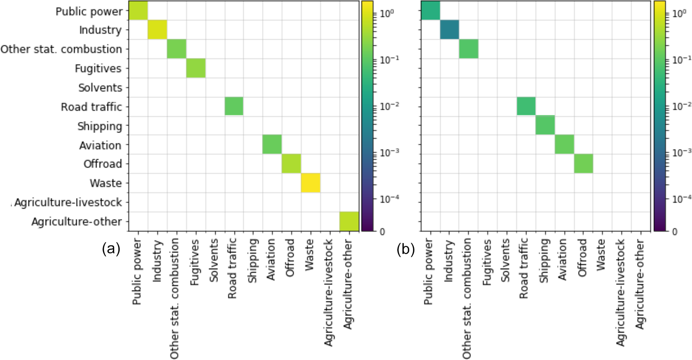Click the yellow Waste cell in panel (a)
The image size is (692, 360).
pyautogui.click(x=310, y=183)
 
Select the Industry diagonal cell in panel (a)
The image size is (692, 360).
pyautogui.click(x=157, y=29)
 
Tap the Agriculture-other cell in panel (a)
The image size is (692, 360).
pyautogui.click(x=349, y=221)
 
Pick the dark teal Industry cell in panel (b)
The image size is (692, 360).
pyautogui.click(x=449, y=29)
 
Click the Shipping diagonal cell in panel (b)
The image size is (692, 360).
pyautogui.click(x=545, y=125)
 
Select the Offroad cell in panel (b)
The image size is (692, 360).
pyautogui.click(x=583, y=164)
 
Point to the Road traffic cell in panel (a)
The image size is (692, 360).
pyautogui.click(x=234, y=106)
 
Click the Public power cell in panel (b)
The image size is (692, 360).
pyautogui.click(x=430, y=10)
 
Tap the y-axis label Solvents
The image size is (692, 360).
pyautogui.click(x=100, y=88)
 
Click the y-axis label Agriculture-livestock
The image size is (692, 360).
pyautogui.click(x=68, y=203)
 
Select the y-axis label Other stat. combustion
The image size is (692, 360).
pyautogui.click(x=61, y=49)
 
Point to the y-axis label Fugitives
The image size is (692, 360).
pyautogui.click(x=98, y=69)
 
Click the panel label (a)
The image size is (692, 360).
pyautogui.click(x=111, y=249)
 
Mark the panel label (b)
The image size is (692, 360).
pyautogui.click(x=406, y=249)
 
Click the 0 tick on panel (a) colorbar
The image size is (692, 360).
pyautogui.click(x=383, y=231)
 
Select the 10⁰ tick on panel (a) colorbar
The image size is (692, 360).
pyautogui.click(x=387, y=14)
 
